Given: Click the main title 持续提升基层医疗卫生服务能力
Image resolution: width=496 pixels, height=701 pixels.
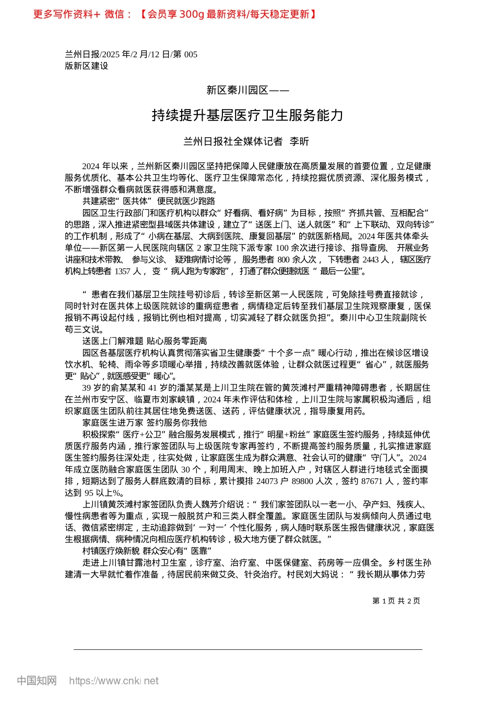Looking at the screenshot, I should click(247, 115).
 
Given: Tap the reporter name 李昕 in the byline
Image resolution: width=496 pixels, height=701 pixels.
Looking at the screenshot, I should click(299, 141).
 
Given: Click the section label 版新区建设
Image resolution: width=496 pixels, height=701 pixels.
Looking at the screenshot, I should click(86, 66).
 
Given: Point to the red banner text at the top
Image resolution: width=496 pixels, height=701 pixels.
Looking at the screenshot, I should click(175, 14).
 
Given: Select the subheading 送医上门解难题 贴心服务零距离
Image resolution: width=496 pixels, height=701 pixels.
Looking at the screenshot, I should click(144, 341).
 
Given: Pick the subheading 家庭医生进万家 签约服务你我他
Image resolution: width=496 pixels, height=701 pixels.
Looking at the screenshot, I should click(144, 422).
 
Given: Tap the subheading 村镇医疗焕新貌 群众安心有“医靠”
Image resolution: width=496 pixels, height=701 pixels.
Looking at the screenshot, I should click(146, 551).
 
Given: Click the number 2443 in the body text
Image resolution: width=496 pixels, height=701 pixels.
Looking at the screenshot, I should click(371, 260).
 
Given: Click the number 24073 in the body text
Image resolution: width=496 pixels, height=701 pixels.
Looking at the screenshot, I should click(267, 481).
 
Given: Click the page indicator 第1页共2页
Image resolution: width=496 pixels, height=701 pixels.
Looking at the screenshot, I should click(396, 601).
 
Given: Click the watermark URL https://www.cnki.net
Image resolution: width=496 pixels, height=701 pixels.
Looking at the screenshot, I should click(113, 681).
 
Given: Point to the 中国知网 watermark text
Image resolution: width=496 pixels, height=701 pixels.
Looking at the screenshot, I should click(37, 681).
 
